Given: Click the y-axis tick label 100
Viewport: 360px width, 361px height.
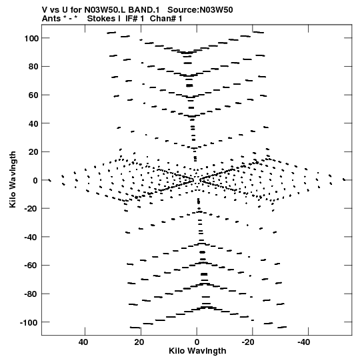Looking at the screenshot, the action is point(31,38).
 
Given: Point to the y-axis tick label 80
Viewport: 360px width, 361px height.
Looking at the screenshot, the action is point(33,67).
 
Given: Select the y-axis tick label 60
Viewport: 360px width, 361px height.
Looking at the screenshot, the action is point(33,95).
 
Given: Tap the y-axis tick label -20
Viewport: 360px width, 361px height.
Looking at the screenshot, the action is point(31,209).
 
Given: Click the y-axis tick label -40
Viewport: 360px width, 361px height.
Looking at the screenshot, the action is point(31,237).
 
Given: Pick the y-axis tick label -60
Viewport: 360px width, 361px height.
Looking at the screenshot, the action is point(31,266).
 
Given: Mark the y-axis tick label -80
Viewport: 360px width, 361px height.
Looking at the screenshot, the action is point(31,294).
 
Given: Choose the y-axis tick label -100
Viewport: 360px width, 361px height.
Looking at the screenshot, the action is point(29,322).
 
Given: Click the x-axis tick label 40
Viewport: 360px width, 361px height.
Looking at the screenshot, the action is point(83,342).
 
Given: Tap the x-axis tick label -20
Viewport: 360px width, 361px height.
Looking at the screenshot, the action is point(248,342).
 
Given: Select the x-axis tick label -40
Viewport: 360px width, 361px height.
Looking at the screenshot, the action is point(304,342).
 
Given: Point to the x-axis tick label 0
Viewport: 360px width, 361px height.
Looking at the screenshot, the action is point(197,342).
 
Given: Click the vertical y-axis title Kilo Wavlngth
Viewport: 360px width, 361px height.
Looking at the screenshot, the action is point(13,179).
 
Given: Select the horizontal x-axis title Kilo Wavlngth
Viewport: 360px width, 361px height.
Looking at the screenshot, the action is point(197,351).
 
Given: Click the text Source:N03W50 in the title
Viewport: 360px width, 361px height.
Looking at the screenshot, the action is point(200,10).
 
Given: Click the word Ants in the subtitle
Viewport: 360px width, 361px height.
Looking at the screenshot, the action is point(51,19).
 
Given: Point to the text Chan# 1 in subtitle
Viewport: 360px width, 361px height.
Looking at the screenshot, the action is point(166,19).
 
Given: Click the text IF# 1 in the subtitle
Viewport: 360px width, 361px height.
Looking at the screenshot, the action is point(135,19).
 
